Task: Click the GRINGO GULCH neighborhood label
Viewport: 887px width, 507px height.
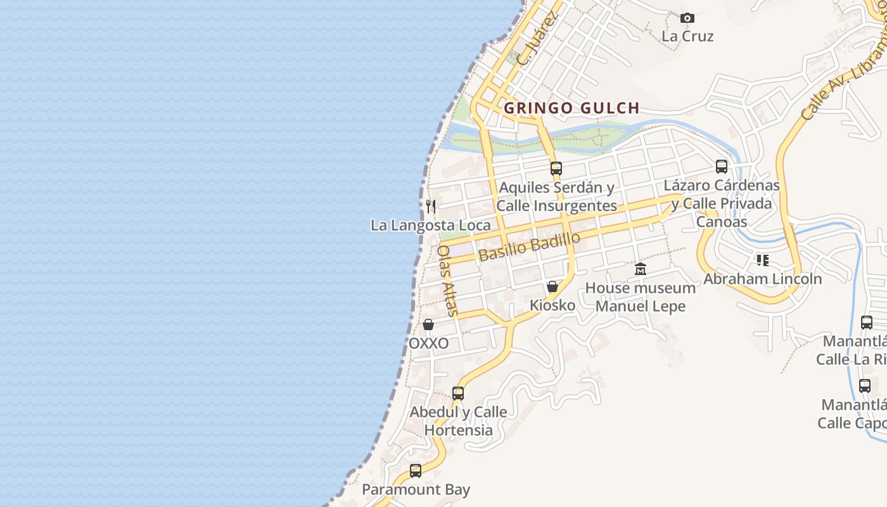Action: (x=571, y=108)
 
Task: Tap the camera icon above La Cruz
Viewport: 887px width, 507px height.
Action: (x=687, y=18)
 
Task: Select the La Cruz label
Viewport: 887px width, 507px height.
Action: (x=687, y=36)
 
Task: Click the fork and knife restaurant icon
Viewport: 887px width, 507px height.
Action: (x=431, y=206)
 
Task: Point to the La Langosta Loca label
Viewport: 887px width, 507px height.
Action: (x=430, y=225)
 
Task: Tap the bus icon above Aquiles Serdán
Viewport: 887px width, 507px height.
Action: (x=556, y=169)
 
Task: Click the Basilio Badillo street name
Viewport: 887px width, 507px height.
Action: (x=530, y=247)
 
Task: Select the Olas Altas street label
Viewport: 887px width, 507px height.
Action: (x=447, y=280)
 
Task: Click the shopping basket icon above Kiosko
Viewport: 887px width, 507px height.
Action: (x=552, y=286)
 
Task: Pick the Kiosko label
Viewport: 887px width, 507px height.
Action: (x=552, y=305)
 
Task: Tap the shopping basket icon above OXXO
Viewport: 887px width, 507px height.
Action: (x=428, y=324)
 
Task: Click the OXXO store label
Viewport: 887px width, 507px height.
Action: (x=428, y=343)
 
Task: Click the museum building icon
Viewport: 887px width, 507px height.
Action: (x=641, y=269)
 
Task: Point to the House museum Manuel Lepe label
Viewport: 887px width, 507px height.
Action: (x=641, y=297)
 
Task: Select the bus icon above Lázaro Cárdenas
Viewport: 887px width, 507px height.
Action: (x=722, y=167)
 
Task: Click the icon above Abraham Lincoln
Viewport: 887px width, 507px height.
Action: (x=763, y=260)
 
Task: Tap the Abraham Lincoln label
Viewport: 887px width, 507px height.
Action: (x=763, y=279)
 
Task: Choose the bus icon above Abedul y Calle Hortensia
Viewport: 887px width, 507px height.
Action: (x=458, y=393)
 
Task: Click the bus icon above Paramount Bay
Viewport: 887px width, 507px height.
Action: (x=416, y=471)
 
